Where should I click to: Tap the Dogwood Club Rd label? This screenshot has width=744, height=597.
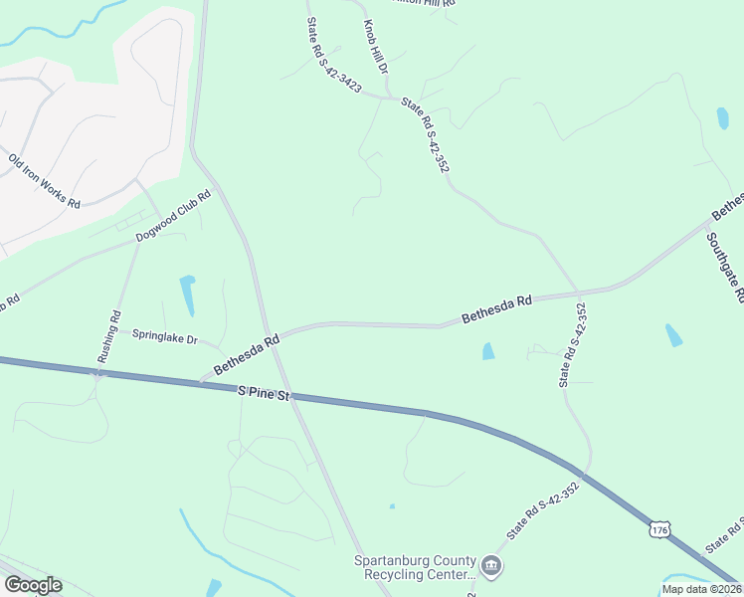(174, 211)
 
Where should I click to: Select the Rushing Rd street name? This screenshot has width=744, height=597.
(109, 335)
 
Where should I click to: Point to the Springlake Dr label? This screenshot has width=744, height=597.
(165, 335)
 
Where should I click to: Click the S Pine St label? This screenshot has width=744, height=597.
(263, 395)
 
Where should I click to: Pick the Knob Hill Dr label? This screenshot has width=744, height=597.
(375, 48)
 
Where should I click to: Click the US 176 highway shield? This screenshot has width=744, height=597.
(658, 530)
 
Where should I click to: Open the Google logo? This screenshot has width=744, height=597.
(32, 585)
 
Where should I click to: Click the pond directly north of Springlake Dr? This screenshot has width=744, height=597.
(187, 295)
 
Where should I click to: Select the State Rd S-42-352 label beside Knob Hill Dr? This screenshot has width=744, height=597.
(425, 135)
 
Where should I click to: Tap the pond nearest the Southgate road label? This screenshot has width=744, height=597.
(673, 334)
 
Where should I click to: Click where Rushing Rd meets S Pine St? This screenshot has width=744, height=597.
(97, 374)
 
